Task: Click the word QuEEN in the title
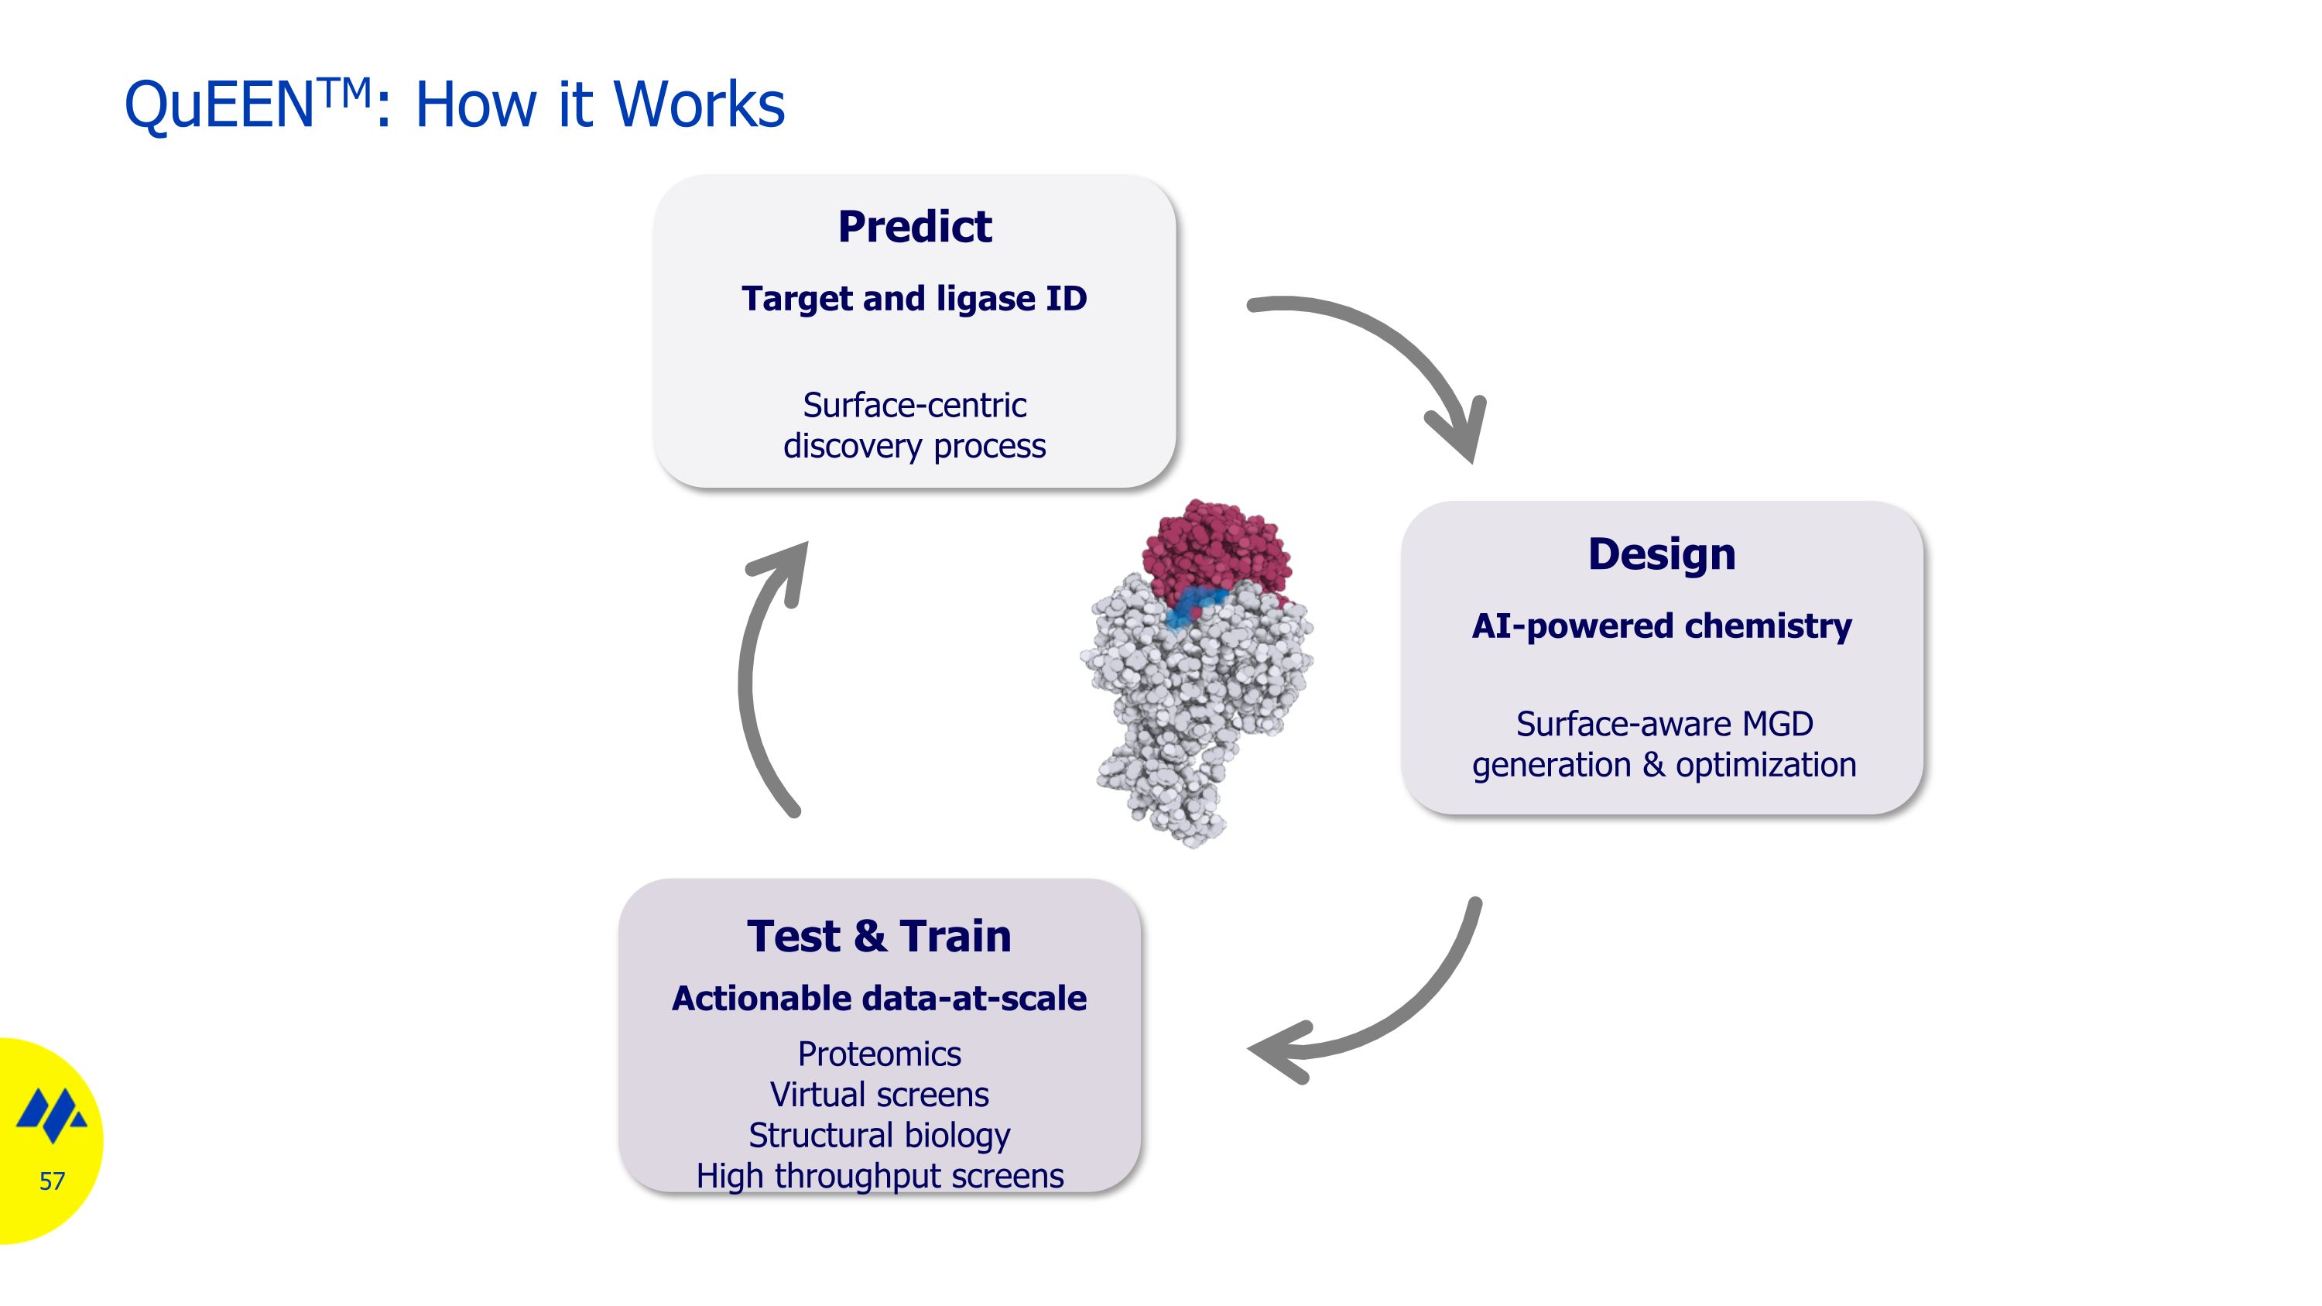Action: coord(218,106)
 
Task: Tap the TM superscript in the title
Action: coord(344,90)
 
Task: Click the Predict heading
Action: coord(914,226)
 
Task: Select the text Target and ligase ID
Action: coord(914,298)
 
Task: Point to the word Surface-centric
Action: coord(914,406)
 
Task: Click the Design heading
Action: coord(1661,554)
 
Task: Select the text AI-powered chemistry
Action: coord(1661,626)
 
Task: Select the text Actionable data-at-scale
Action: coord(878,999)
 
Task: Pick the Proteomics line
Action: coord(878,1054)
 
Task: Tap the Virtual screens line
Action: coord(878,1094)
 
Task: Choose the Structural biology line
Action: coord(878,1135)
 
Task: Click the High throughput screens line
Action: coord(878,1175)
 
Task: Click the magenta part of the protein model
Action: coord(1217,550)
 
